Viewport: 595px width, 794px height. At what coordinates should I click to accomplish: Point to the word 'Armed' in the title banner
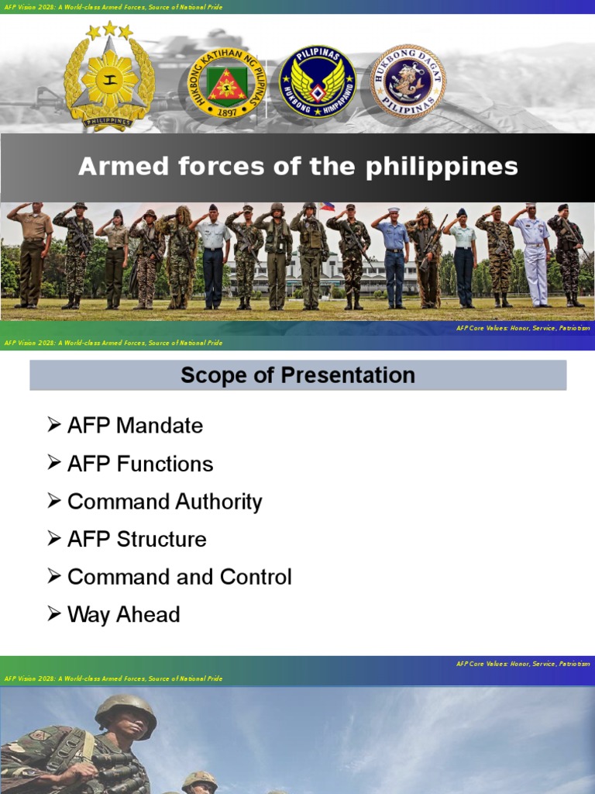[114, 167]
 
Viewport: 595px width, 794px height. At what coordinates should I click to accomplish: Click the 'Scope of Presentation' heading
[297, 375]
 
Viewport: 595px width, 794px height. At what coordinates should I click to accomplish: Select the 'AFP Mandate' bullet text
[135, 426]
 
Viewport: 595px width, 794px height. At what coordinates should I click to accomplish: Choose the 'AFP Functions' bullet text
[140, 464]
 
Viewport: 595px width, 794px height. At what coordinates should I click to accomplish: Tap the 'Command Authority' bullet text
[164, 502]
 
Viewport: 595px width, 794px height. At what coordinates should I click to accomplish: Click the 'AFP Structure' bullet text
[137, 540]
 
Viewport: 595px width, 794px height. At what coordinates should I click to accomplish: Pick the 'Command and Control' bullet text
[179, 577]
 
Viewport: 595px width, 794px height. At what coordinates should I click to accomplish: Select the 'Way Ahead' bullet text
[123, 615]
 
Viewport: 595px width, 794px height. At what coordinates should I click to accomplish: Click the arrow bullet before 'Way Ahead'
[53, 614]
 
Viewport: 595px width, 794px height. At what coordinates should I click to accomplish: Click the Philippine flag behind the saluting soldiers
[327, 207]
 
